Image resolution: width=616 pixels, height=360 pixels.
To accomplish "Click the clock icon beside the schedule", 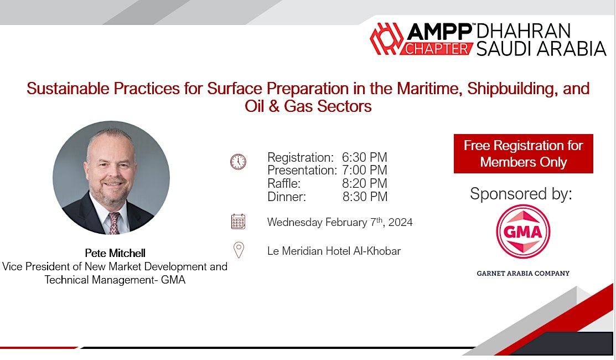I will tap(238, 162).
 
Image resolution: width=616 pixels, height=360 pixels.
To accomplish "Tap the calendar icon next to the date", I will tap(238, 222).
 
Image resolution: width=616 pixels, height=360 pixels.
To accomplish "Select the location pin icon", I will tap(239, 250).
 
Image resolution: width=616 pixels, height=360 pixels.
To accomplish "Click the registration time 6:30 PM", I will tap(364, 157).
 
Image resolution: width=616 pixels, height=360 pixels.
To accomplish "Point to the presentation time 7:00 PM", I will tap(364, 170).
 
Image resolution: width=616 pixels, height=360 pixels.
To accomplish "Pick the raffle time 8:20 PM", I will tap(364, 183).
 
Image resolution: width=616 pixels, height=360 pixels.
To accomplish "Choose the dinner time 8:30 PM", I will tap(365, 197).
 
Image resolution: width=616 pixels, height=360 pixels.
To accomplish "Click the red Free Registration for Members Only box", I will tap(523, 153).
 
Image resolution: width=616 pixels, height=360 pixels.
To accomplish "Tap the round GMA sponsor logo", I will tap(523, 232).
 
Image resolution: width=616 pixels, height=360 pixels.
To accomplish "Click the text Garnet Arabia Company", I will tap(523, 273).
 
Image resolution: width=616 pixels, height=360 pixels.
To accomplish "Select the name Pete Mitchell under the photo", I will tap(115, 253).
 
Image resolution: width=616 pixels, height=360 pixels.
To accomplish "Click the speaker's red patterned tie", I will tap(114, 223).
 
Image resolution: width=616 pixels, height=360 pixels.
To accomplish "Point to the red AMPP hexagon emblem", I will tap(386, 39).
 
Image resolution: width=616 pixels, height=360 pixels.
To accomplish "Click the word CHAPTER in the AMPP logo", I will tap(438, 49).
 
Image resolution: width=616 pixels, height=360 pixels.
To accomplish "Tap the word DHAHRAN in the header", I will tap(523, 31).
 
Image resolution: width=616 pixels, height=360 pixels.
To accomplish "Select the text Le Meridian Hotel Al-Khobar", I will tap(334, 251).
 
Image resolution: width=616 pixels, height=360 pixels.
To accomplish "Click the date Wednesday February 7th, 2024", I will tap(339, 223).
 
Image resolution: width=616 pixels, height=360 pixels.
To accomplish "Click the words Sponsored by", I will tap(521, 194).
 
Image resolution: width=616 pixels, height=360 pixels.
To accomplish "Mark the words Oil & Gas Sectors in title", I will tap(308, 106).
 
